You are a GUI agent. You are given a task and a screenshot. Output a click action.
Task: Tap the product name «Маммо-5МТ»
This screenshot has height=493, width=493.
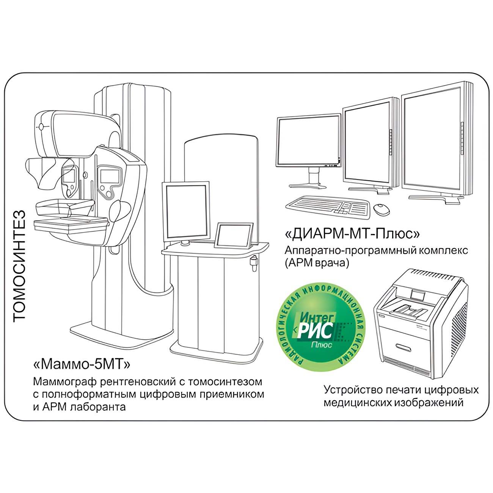pyautogui.click(x=82, y=364)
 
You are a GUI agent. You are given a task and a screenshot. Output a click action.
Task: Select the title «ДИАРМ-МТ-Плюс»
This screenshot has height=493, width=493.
pyautogui.click(x=352, y=234)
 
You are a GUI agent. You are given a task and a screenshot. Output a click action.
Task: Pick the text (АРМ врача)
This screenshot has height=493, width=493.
pyautogui.click(x=317, y=263)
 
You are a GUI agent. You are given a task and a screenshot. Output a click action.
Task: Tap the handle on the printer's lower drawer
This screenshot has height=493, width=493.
pyautogui.click(x=403, y=347)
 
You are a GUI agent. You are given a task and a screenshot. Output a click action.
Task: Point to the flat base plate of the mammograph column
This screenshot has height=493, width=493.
pyautogui.click(x=120, y=332)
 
